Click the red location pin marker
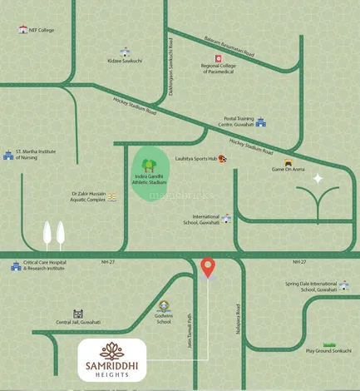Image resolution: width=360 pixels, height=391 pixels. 208,267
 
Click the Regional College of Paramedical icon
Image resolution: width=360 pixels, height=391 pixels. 219,58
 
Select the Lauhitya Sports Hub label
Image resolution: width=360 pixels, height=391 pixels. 195,158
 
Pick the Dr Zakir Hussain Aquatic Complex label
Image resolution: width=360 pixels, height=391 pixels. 78,197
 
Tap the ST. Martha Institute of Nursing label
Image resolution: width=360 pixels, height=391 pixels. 35,154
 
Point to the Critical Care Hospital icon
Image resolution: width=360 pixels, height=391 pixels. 15,266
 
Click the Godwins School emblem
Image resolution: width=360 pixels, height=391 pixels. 164,305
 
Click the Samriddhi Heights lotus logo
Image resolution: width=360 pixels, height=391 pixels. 112,351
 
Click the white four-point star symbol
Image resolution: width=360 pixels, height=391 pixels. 317,178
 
